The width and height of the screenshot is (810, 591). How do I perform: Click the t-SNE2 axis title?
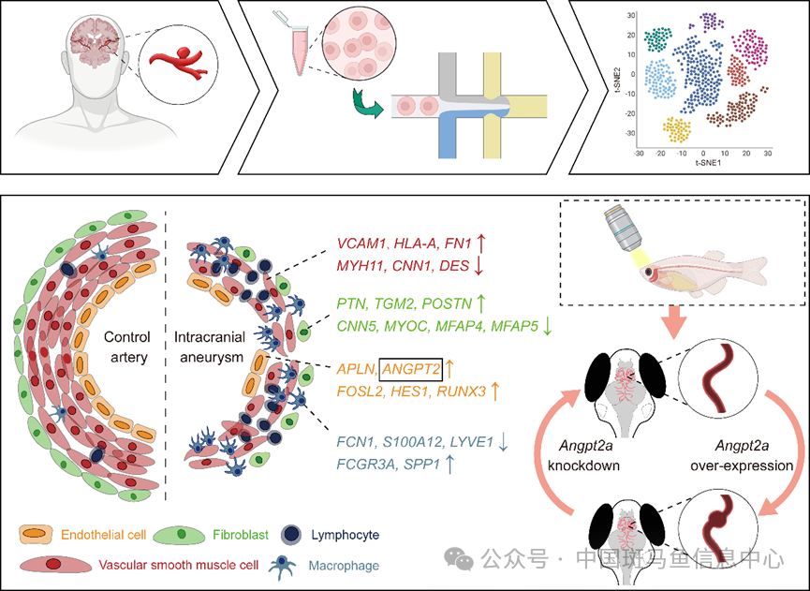coord(619,80)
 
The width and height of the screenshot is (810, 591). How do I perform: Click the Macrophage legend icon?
coord(282,564)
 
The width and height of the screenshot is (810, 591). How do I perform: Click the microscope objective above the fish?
coord(616,232)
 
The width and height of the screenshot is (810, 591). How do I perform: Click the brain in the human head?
coord(97,43)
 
